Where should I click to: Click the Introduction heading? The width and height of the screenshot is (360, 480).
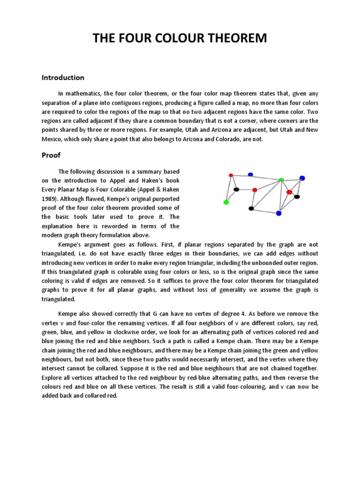pos(63,77)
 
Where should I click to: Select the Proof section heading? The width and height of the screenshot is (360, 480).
pos(52,155)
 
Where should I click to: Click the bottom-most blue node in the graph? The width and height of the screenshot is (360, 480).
pos(278,213)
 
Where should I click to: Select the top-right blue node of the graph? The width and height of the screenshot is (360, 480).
pos(302,178)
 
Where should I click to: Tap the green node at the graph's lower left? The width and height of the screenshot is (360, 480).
pos(226,202)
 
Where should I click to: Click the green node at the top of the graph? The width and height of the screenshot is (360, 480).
pos(281,180)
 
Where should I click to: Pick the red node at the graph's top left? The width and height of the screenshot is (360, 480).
pos(231,175)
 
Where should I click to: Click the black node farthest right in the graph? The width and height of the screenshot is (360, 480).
pos(297,197)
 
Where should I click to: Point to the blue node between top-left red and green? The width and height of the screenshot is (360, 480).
pos(250,174)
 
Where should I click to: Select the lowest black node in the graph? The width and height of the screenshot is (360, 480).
pos(251,208)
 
